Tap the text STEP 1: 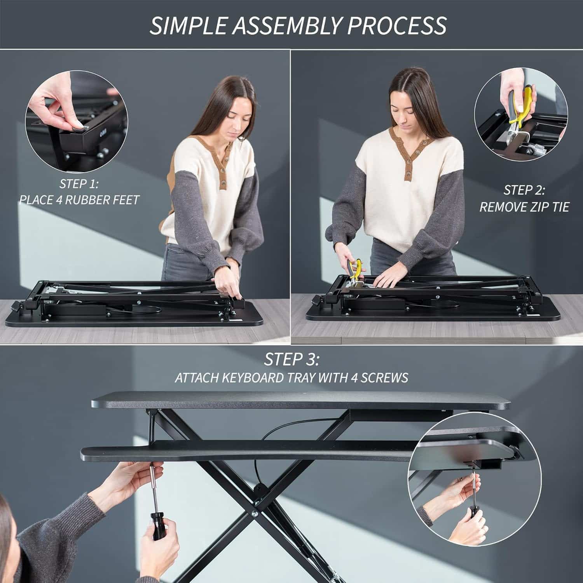[79, 183]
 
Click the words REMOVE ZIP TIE [524, 207]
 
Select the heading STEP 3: [291, 360]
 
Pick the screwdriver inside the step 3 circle [473, 501]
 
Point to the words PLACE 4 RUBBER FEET [79, 200]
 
